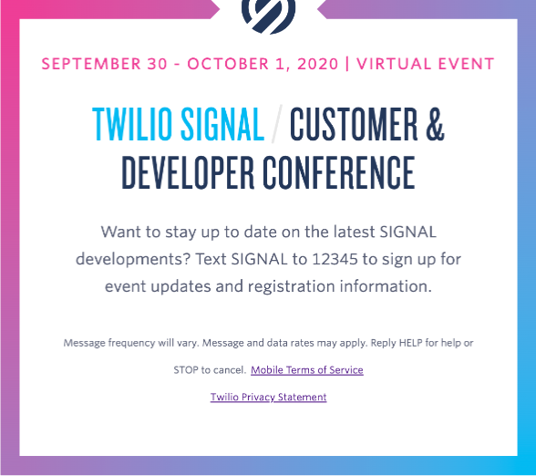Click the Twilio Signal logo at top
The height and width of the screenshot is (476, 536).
click(x=268, y=16)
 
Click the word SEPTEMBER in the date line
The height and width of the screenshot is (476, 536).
click(x=91, y=64)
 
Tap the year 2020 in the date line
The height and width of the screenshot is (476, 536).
click(x=318, y=64)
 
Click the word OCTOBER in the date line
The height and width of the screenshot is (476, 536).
click(x=228, y=64)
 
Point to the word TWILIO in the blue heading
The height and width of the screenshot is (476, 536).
click(x=132, y=124)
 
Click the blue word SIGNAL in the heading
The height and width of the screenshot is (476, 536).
click(x=222, y=124)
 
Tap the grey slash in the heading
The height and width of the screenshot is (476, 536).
click(x=277, y=124)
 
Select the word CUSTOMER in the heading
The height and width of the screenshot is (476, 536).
click(x=354, y=124)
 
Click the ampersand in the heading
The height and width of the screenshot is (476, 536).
click(x=435, y=124)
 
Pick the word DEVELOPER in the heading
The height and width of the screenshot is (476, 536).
click(x=188, y=172)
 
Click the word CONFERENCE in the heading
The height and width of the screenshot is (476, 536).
click(x=339, y=172)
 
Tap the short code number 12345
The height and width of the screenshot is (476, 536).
click(x=335, y=259)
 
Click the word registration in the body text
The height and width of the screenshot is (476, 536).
click(x=292, y=286)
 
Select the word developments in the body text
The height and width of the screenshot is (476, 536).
click(x=133, y=260)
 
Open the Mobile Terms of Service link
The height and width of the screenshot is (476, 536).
click(x=307, y=370)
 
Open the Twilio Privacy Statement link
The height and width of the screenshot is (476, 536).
click(x=268, y=397)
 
